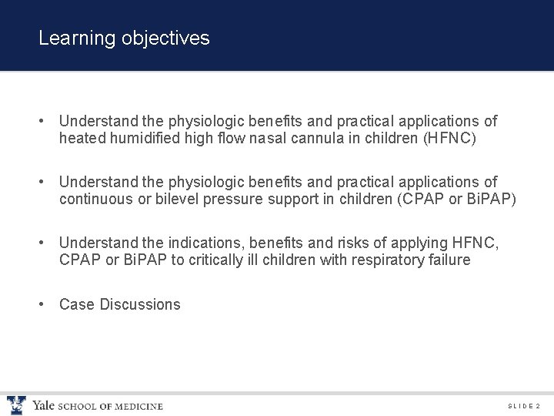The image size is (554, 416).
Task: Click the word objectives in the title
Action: (x=165, y=39)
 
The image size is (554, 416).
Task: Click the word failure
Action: (x=446, y=260)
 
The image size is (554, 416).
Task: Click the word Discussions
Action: (x=140, y=304)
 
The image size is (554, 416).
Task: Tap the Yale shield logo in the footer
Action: (x=16, y=405)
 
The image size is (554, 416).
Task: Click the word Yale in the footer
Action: (x=43, y=405)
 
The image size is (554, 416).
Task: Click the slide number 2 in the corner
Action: (x=538, y=406)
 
